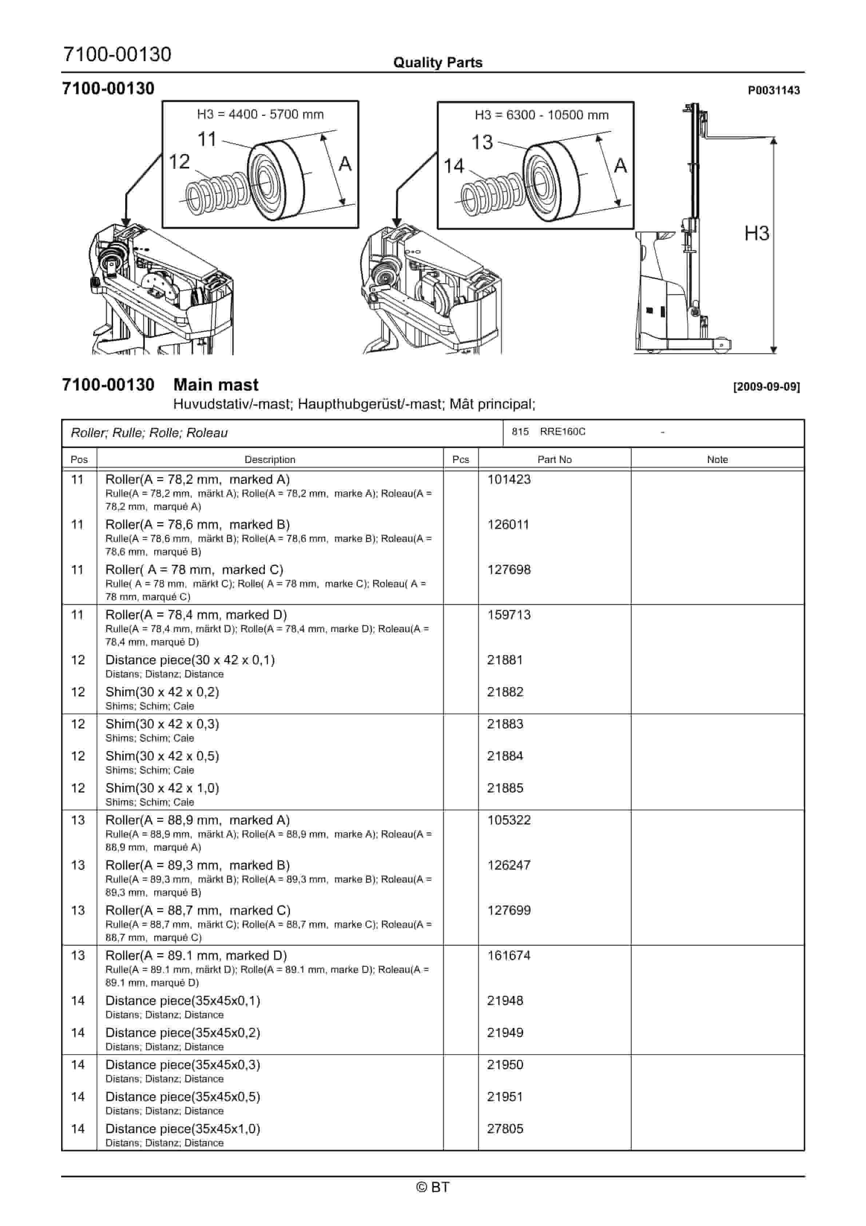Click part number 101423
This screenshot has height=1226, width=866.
[x=508, y=479]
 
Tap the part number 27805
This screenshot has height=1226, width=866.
[x=505, y=1128]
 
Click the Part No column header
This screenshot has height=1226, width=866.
[x=554, y=459]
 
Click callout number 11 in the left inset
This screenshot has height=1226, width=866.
[x=207, y=139]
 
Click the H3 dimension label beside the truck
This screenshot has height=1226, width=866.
[x=756, y=233]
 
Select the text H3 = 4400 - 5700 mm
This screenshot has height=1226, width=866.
[x=260, y=114]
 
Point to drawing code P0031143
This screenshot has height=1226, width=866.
[x=773, y=90]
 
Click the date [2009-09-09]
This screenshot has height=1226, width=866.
[x=766, y=387]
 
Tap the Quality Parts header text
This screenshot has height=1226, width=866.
[x=437, y=63]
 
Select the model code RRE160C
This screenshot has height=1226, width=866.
[x=562, y=431]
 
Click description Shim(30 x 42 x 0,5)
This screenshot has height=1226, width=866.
[x=162, y=756]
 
